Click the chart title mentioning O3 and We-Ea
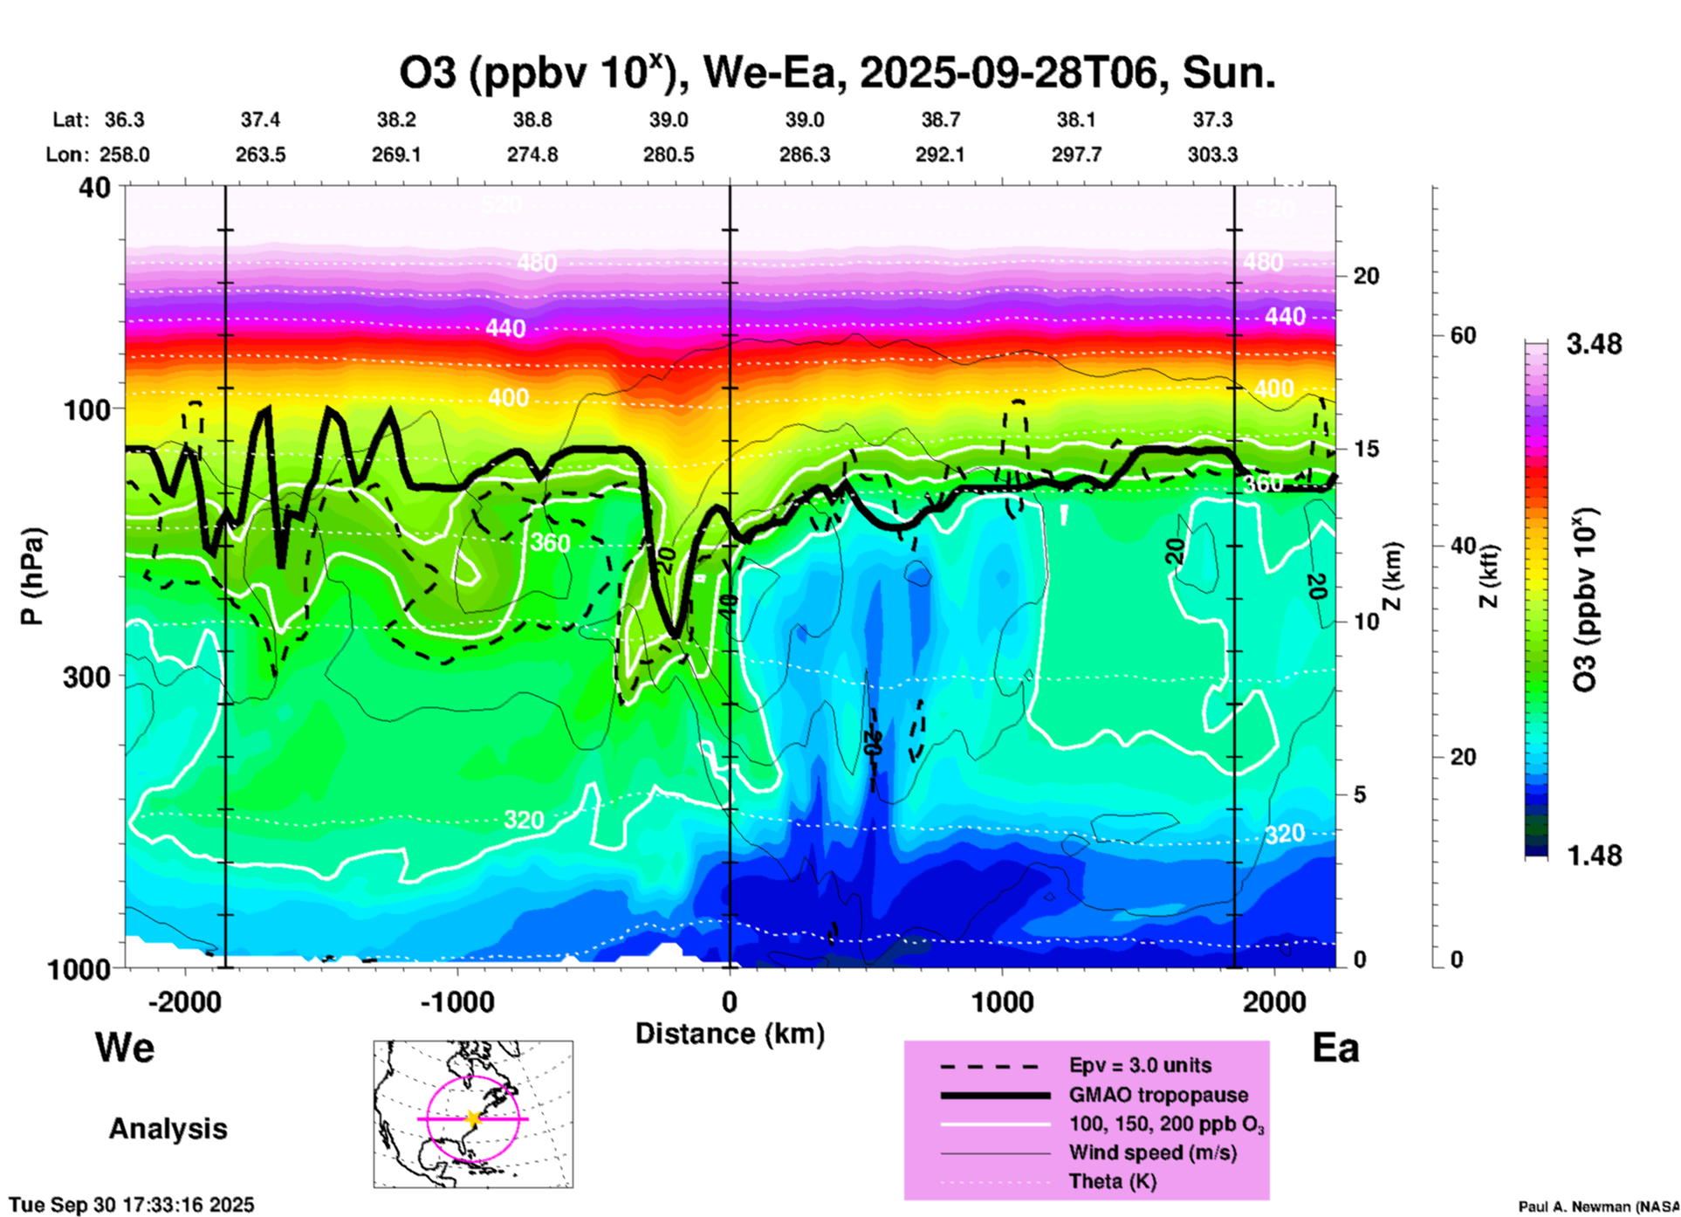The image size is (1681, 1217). (x=836, y=73)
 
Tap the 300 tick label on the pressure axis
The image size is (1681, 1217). (x=86, y=677)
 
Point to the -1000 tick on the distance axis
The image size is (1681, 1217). (x=457, y=1001)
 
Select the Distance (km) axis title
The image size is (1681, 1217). (x=730, y=1034)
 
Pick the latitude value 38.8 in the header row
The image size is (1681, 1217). (x=532, y=120)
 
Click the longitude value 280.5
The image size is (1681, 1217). (x=669, y=155)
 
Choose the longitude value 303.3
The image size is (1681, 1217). (x=1212, y=155)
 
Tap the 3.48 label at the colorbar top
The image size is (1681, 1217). (x=1594, y=345)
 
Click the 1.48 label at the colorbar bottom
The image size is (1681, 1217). (x=1594, y=856)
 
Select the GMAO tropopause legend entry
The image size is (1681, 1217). (x=1158, y=1095)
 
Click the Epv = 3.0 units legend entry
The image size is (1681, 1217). (x=1140, y=1065)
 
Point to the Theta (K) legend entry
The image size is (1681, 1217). (x=1112, y=1182)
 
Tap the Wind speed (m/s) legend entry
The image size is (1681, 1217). (x=1152, y=1153)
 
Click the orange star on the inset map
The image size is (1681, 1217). (x=473, y=1118)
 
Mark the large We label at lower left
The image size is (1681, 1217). (x=125, y=1047)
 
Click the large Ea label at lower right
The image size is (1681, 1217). (x=1335, y=1048)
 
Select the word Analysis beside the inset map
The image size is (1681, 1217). (x=168, y=1129)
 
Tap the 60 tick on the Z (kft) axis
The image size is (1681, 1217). (x=1463, y=335)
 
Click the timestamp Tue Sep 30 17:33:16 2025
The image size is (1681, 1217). (x=132, y=1205)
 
